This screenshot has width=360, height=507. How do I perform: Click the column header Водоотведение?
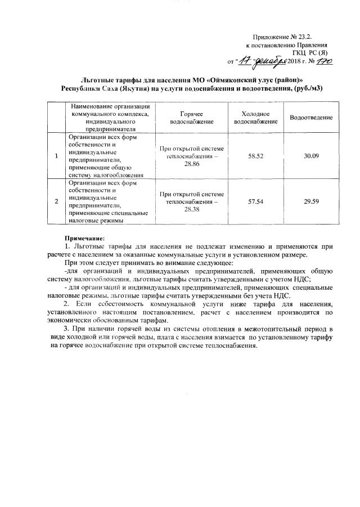tap(311, 117)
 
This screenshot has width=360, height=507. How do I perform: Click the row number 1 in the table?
tap(57, 155)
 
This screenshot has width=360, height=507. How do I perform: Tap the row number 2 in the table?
tap(57, 200)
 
